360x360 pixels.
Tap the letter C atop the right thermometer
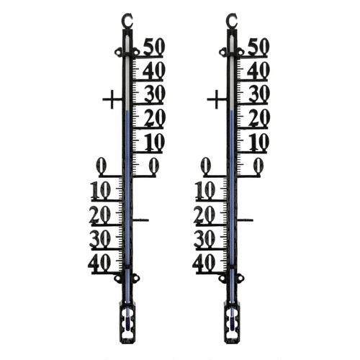(x=231, y=20)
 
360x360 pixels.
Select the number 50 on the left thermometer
(x=154, y=47)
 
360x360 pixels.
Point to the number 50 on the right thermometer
(x=258, y=47)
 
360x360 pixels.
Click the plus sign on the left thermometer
(x=112, y=99)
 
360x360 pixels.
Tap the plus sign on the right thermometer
(x=217, y=99)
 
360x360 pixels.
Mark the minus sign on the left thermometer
(x=141, y=220)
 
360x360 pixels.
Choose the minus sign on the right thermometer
(x=246, y=220)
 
